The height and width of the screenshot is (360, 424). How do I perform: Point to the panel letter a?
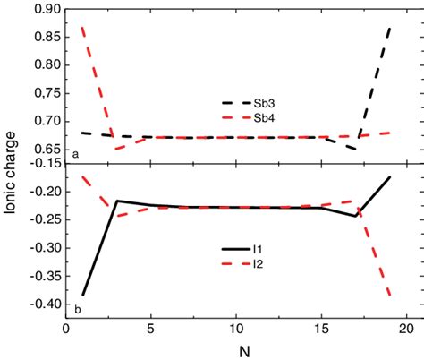[75, 154]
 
